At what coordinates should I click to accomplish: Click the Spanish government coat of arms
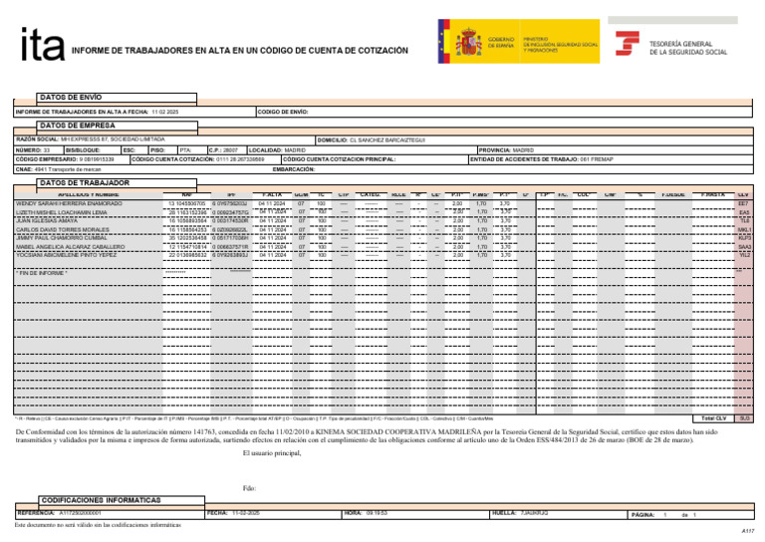click(467, 43)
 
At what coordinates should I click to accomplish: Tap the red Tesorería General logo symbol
click(627, 45)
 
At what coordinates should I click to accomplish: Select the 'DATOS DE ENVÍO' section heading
click(70, 97)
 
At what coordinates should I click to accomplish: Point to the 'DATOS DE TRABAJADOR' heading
click(84, 183)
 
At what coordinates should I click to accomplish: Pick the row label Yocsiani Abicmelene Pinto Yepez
click(64, 255)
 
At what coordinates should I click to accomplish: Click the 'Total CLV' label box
click(714, 418)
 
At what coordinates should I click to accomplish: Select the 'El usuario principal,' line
click(271, 453)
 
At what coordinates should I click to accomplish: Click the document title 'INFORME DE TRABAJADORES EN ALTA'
click(239, 49)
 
